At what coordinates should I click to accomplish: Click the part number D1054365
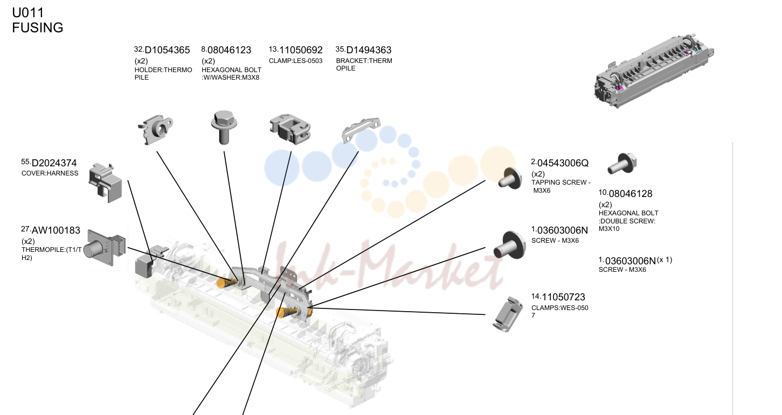pyautogui.click(x=167, y=50)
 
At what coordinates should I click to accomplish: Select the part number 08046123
pyautogui.click(x=230, y=50)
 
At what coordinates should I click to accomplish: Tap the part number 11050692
pyautogui.click(x=301, y=50)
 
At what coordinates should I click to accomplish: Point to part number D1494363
pyautogui.click(x=369, y=50)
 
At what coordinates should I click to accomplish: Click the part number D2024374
pyautogui.click(x=54, y=163)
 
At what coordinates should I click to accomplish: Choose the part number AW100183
pyautogui.click(x=56, y=230)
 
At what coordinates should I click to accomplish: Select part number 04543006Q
pyautogui.click(x=563, y=163)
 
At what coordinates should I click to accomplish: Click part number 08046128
pyautogui.click(x=631, y=194)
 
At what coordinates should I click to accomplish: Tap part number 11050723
pyautogui.click(x=563, y=297)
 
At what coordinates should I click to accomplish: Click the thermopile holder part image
pyautogui.click(x=155, y=129)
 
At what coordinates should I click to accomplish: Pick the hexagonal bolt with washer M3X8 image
pyautogui.click(x=224, y=127)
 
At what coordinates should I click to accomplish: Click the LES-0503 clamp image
pyautogui.click(x=290, y=129)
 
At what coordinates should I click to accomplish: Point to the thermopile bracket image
pyautogui.click(x=361, y=130)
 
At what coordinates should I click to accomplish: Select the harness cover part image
pyautogui.click(x=106, y=182)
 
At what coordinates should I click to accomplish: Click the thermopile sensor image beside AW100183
pyautogui.click(x=106, y=248)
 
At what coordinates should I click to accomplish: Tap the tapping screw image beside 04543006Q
pyautogui.click(x=510, y=179)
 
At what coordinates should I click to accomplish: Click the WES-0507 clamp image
pyautogui.click(x=508, y=314)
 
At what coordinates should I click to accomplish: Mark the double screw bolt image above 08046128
pyautogui.click(x=622, y=163)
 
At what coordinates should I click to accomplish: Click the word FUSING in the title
pyautogui.click(x=38, y=28)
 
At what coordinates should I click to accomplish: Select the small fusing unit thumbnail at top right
pyautogui.click(x=654, y=71)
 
